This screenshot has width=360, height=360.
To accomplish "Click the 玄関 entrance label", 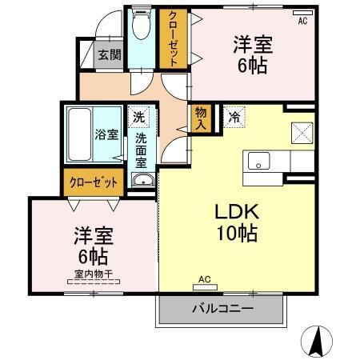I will [x=110, y=55].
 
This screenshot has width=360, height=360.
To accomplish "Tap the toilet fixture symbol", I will [x=142, y=26].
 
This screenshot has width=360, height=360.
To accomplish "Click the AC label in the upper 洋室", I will [x=302, y=21].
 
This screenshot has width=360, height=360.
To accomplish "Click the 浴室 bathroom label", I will [x=107, y=134].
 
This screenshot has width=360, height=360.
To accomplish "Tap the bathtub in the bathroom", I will [x=81, y=134].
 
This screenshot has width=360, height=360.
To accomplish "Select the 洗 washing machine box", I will [x=139, y=117].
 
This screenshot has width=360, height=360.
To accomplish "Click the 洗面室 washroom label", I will [x=140, y=149].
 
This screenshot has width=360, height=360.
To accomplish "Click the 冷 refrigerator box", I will [x=234, y=117].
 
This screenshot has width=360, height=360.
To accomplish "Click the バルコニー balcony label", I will [x=222, y=309].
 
